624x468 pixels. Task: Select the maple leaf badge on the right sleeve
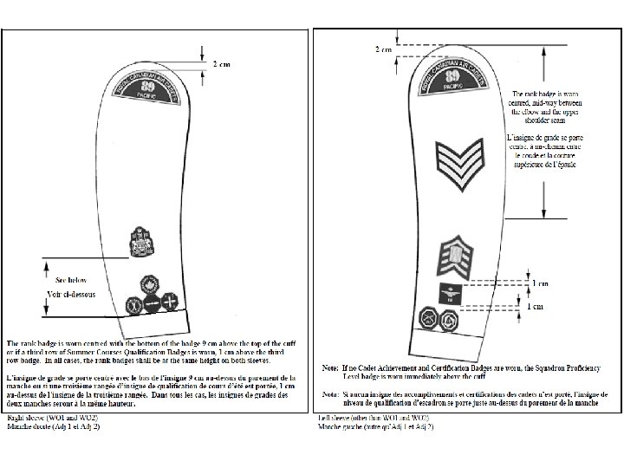point(153,285)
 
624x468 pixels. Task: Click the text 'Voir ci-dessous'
point(73,296)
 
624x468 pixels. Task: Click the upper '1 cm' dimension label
point(539,283)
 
